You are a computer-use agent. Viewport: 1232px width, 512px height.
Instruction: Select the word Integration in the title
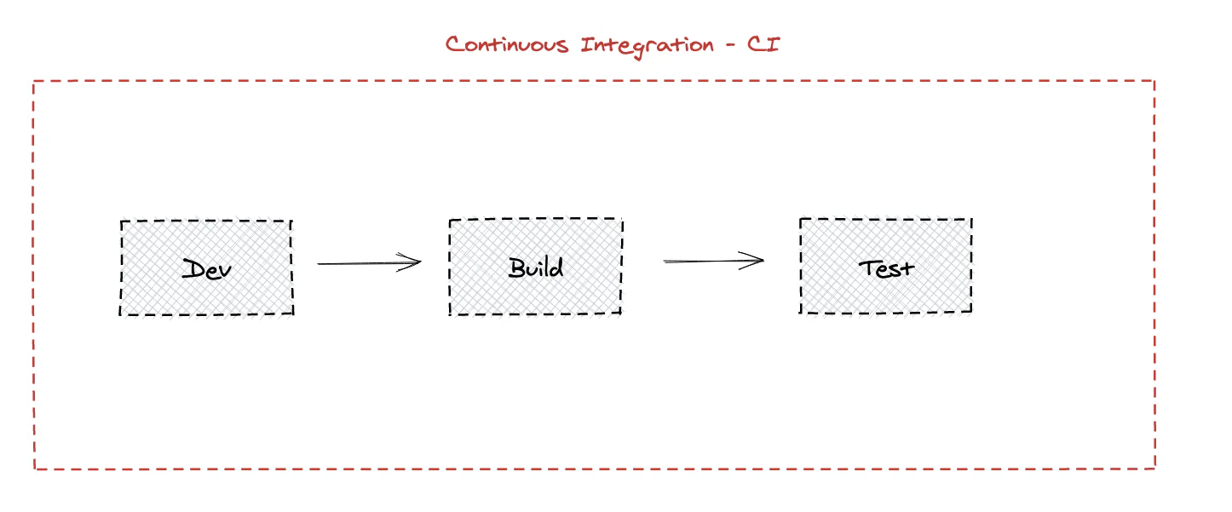tap(647, 45)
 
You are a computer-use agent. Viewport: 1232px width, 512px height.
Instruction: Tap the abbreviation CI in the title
tap(763, 44)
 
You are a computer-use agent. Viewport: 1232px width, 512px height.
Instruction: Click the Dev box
tap(206, 268)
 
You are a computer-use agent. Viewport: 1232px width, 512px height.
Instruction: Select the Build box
tap(535, 267)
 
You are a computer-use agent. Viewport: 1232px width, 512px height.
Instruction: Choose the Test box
tap(885, 266)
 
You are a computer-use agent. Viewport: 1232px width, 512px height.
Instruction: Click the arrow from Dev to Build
tap(368, 263)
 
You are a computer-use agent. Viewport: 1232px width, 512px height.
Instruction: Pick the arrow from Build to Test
tap(712, 261)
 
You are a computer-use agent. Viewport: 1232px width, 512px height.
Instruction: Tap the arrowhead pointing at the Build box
tap(416, 262)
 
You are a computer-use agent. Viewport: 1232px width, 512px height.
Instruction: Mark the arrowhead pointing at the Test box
tap(758, 260)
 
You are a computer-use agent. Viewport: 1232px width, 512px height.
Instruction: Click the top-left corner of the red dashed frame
tap(34, 82)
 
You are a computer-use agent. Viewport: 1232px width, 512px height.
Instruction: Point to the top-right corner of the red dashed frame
tap(1154, 81)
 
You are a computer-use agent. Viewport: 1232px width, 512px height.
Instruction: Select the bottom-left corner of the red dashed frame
tap(35, 469)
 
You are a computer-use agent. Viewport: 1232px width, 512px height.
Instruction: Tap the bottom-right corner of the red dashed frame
tap(1154, 467)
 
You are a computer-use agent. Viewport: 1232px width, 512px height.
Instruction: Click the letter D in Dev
tap(193, 269)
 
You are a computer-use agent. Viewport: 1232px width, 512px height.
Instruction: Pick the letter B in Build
tap(517, 268)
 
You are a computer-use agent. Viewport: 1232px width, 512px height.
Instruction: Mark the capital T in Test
tap(868, 267)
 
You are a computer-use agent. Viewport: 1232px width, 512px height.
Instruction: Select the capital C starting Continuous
tap(455, 44)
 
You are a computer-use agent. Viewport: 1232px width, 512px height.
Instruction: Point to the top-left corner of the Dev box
tap(121, 221)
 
